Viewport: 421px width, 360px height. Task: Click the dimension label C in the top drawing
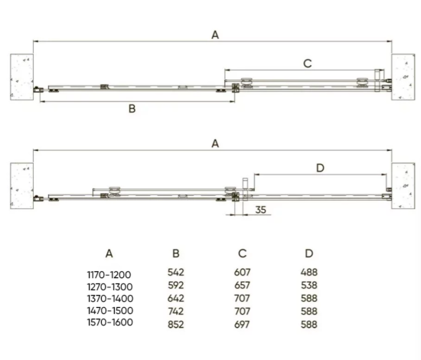coord(308,64)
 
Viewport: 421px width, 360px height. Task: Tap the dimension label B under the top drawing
coord(132,109)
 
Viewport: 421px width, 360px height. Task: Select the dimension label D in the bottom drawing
coord(320,168)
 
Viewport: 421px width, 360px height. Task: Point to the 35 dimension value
coord(260,210)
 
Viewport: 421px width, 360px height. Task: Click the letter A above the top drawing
coord(215,35)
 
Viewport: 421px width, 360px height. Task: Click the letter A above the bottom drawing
coord(215,144)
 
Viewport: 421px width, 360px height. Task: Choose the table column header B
coord(176,254)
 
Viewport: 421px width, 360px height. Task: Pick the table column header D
coord(309,254)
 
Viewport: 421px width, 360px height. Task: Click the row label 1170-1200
coord(109,275)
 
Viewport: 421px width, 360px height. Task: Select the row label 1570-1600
coord(110,322)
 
